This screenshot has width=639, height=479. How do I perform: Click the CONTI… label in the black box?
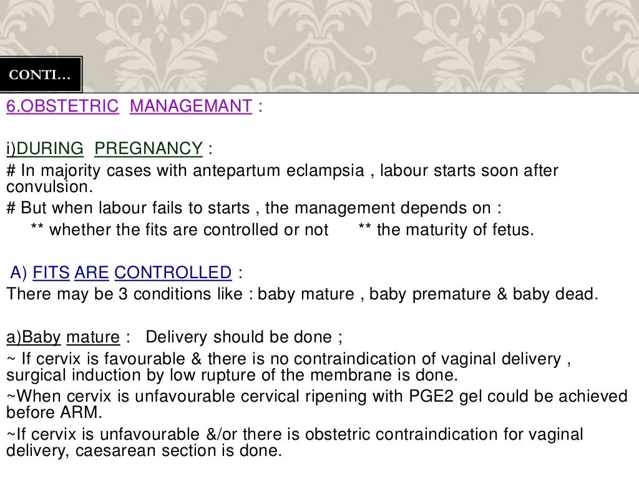click(40, 76)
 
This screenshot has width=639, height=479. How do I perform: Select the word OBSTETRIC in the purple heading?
click(69, 106)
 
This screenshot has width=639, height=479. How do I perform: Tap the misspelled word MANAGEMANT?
click(191, 106)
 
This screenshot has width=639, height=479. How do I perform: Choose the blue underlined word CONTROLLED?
click(173, 273)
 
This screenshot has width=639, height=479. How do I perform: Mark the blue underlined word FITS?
click(51, 273)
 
